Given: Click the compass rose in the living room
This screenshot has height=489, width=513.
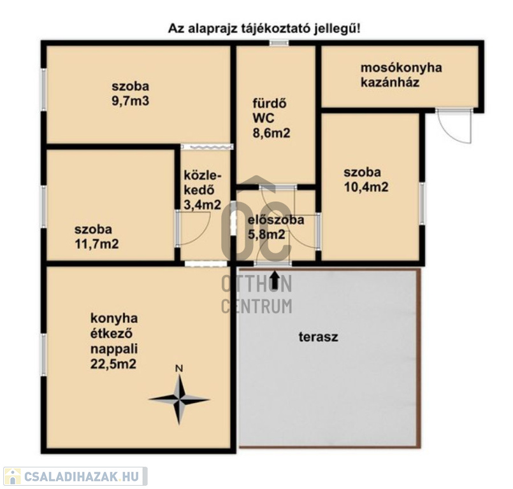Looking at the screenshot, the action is (x=179, y=399).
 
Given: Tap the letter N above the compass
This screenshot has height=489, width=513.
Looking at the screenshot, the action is (x=179, y=369).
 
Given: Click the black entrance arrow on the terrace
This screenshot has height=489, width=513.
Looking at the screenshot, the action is (x=275, y=280).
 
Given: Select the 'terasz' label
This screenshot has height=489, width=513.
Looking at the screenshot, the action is (x=319, y=337).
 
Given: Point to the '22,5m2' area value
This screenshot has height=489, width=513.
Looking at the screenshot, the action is (x=113, y=364).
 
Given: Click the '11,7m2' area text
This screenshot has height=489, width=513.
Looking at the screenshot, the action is (x=97, y=244).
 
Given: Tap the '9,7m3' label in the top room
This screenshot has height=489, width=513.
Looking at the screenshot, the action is (x=131, y=101).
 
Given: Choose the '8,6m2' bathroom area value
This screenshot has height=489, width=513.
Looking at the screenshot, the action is (x=271, y=133).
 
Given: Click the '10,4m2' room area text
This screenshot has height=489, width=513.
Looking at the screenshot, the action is (x=366, y=187).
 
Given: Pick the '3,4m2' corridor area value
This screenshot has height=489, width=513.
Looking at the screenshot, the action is (x=203, y=205).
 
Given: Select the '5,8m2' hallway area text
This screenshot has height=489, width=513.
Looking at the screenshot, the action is (x=266, y=234).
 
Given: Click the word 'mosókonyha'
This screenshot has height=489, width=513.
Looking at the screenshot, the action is (x=401, y=67).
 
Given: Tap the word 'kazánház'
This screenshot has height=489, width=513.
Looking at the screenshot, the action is (x=389, y=82).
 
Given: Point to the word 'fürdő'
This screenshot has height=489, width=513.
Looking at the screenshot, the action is (x=270, y=103).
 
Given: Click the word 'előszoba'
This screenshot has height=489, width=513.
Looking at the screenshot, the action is (x=276, y=220).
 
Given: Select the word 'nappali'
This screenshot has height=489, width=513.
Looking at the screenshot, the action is (x=114, y=349).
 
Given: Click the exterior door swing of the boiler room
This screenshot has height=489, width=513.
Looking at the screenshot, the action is (x=455, y=127).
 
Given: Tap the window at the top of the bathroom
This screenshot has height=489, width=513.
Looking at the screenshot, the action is (x=279, y=43).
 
